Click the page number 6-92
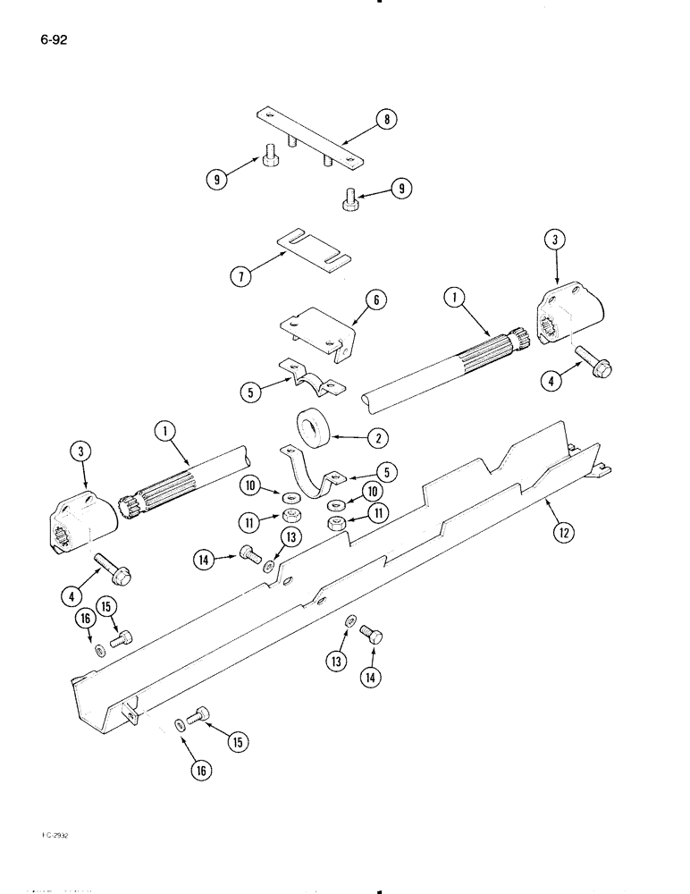click(x=53, y=39)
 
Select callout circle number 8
click(x=386, y=121)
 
